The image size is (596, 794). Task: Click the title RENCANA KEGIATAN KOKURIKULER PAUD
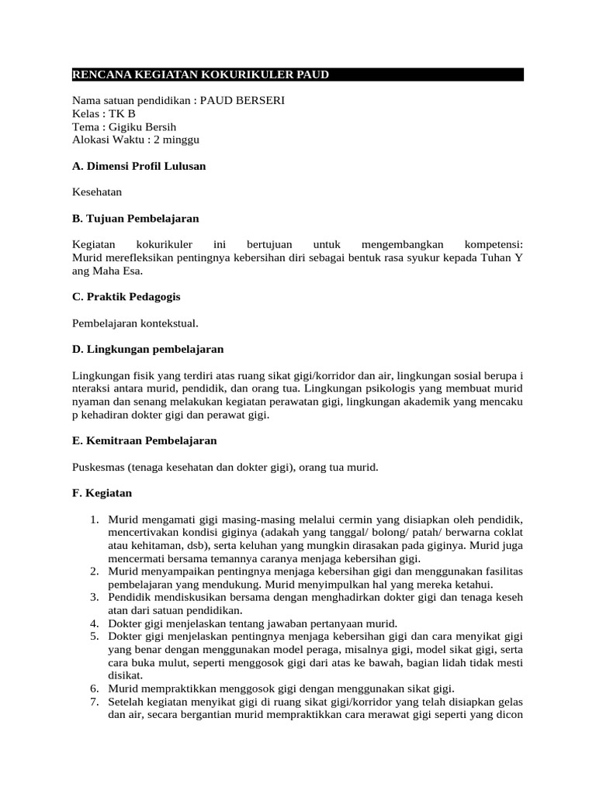coord(201,74)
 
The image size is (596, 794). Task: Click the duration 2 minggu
coord(177,140)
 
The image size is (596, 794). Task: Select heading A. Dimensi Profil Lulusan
coord(139,166)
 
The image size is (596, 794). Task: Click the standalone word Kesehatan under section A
coord(97,192)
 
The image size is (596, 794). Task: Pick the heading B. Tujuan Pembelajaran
coord(136,218)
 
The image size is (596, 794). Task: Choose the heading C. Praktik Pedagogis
coord(126,296)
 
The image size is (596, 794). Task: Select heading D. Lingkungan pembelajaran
coord(147,349)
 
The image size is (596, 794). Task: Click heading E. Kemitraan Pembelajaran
coord(144,440)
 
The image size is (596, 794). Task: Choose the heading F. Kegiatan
coord(102,492)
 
